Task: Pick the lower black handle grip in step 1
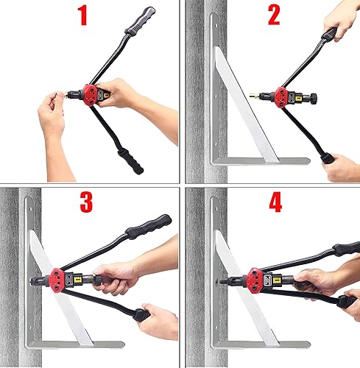130,158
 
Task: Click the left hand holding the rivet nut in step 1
53,118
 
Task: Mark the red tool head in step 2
280,96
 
